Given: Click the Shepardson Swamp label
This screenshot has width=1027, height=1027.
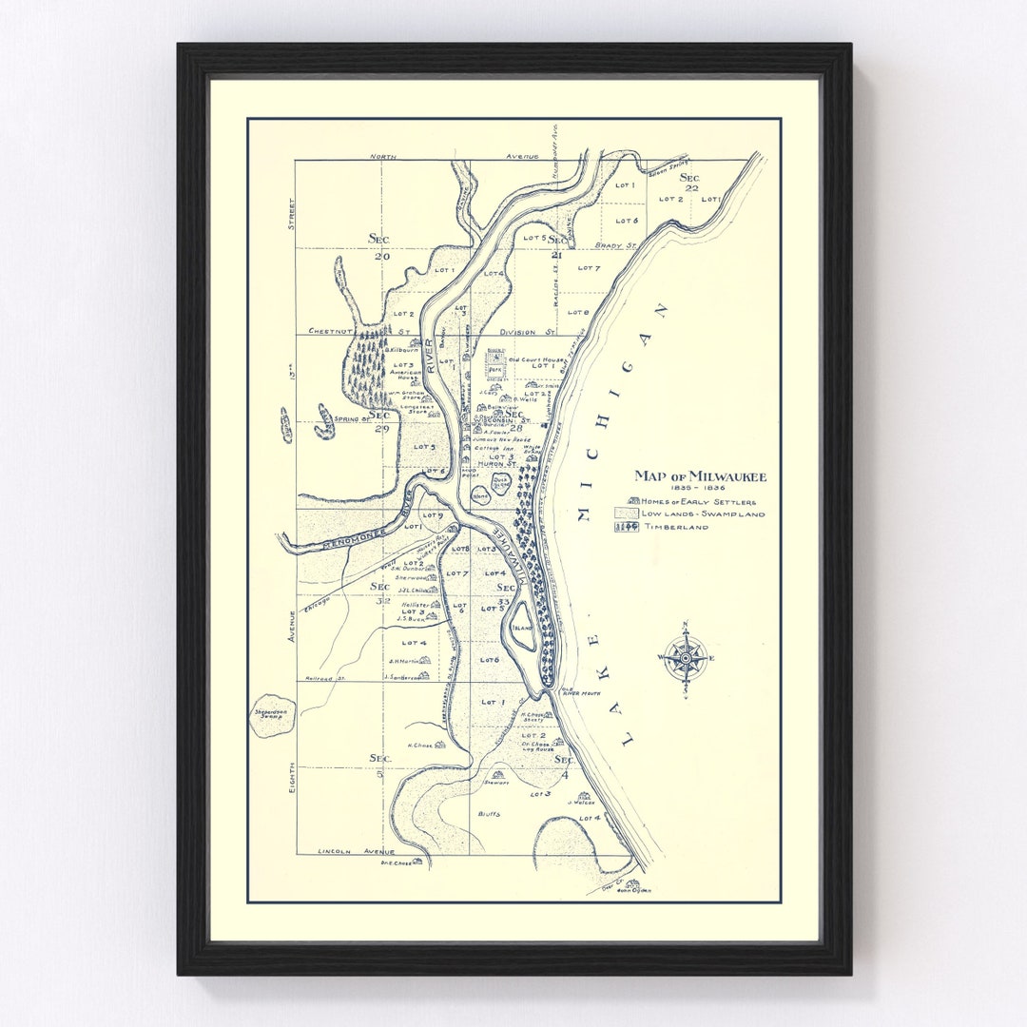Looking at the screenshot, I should pyautogui.click(x=271, y=716).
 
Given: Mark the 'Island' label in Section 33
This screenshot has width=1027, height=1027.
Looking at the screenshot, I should pyautogui.click(x=521, y=628).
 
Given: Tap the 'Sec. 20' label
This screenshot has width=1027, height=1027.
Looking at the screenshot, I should pyautogui.click(x=381, y=246).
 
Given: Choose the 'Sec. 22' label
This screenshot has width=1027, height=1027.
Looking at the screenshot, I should pyautogui.click(x=689, y=182).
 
